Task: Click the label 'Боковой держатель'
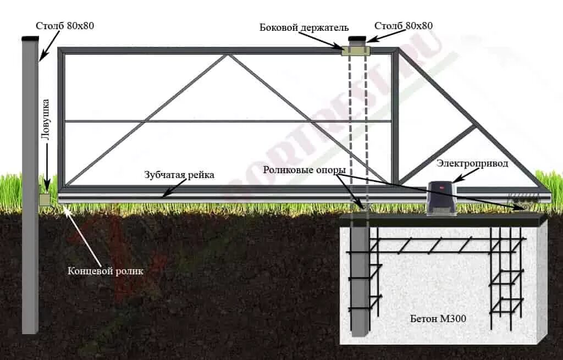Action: coord(304,27)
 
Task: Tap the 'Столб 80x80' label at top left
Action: coord(65,25)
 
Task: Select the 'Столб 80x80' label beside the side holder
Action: coord(404,26)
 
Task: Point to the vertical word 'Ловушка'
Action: coord(46,119)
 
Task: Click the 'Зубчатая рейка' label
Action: coord(179,175)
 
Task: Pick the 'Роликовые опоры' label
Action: coord(304,169)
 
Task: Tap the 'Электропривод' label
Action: coord(472,163)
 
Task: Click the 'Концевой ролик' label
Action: coord(105,271)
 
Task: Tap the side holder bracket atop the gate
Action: coord(355,51)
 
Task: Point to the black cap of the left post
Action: coord(30,38)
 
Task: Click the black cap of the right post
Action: coord(357,38)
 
